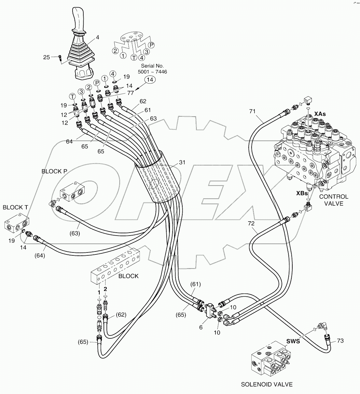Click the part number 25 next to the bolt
pos(47,57)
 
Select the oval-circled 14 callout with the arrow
pos(149,79)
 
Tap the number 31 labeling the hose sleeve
pos(182,163)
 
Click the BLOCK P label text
pos(54,171)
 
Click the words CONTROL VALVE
pos(334,200)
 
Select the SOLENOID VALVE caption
pos(267,384)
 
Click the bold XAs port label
pos(320,114)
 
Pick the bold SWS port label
pos(293,341)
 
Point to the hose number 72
pos(251,224)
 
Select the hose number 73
pos(340,341)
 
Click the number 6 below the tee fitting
pos(201,327)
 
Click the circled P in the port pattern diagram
pos(151,45)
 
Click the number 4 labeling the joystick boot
pos(97,37)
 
